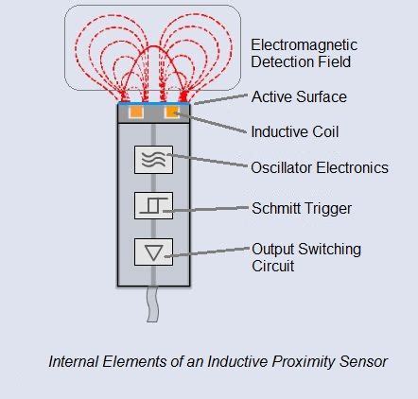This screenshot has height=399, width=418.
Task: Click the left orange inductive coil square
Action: [136, 113]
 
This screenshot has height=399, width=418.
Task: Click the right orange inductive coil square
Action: [172, 113]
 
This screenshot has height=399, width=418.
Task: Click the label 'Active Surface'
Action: [299, 96]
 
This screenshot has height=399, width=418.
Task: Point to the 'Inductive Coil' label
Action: [294, 130]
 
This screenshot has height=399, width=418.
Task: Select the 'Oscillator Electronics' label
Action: [320, 167]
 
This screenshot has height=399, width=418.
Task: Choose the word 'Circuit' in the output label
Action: [272, 266]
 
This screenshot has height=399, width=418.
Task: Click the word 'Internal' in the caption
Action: [74, 361]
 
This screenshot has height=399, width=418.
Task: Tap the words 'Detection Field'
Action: [301, 62]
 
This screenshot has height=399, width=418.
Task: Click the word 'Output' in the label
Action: [272, 249]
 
